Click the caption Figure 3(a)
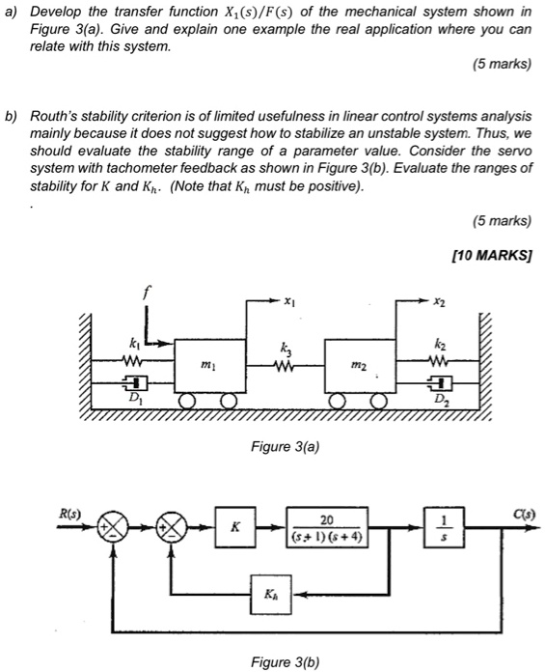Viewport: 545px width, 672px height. tap(284, 447)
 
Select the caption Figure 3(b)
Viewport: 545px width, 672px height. tap(284, 661)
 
